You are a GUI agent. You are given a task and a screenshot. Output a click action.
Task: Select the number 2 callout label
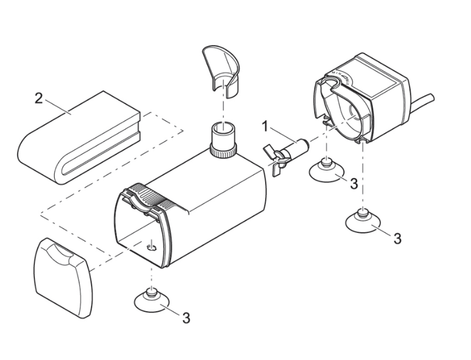38,97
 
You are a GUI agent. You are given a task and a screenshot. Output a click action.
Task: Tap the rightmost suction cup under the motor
362,221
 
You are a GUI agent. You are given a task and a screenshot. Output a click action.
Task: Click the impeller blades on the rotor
276,156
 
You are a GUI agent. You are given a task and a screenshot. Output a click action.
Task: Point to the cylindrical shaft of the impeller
298,145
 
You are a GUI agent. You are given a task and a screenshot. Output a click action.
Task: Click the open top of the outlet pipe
223,127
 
